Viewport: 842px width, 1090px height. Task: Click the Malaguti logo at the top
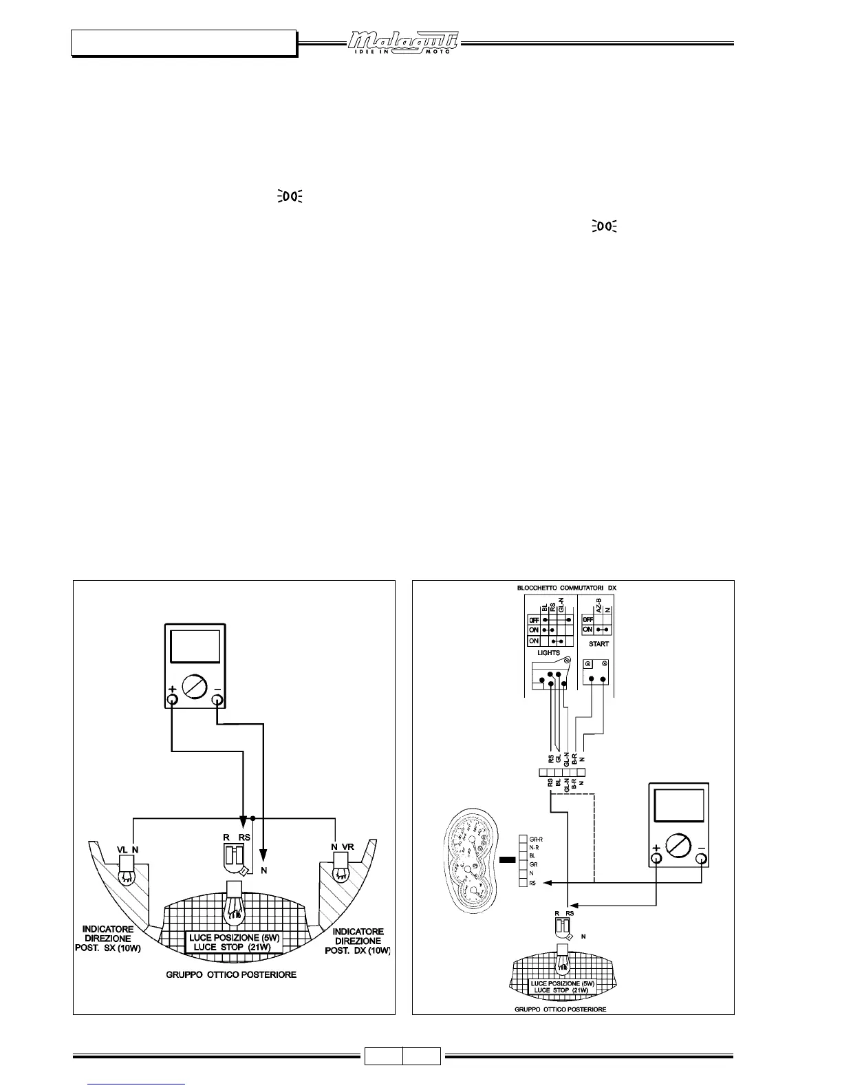tap(402, 42)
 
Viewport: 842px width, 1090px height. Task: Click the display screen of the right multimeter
tap(679, 805)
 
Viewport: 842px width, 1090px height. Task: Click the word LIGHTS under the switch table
tap(548, 652)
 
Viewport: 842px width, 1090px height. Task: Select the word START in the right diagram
tap(598, 644)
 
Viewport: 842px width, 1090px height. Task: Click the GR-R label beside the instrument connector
tap(537, 840)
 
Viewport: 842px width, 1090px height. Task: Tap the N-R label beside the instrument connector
tap(535, 848)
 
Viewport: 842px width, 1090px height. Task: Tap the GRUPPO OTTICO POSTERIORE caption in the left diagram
tap(231, 975)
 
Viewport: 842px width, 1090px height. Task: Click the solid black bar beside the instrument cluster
tap(508, 859)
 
